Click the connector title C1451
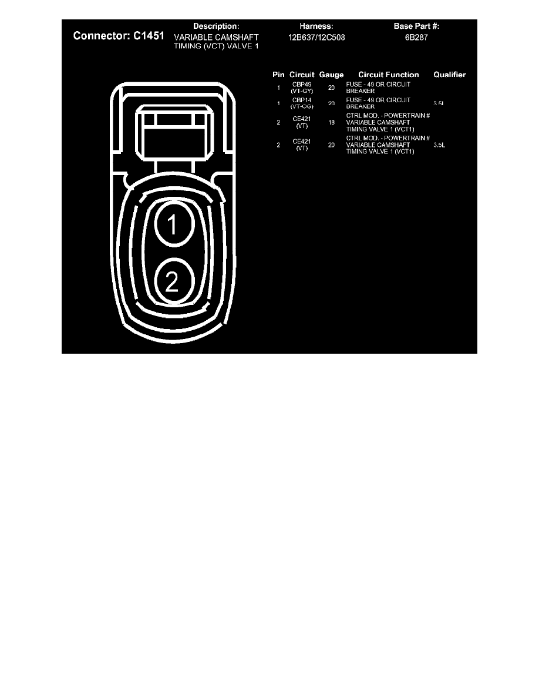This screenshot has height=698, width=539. (x=118, y=36)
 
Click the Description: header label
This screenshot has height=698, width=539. (x=217, y=26)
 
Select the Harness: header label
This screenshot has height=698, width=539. (x=316, y=26)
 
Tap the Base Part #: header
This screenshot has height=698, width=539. (x=416, y=26)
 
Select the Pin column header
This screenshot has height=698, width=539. (x=278, y=75)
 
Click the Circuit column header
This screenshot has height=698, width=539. (x=302, y=75)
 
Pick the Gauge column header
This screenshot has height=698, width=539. (x=331, y=75)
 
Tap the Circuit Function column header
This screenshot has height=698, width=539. (x=389, y=75)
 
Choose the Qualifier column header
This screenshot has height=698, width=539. (x=449, y=75)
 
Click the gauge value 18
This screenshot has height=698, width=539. (x=331, y=123)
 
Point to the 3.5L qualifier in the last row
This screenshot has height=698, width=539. (x=439, y=145)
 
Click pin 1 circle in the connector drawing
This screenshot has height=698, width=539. (x=173, y=224)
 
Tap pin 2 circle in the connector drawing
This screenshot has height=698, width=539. (x=172, y=283)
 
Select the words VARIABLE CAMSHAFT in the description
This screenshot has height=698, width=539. (x=217, y=36)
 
